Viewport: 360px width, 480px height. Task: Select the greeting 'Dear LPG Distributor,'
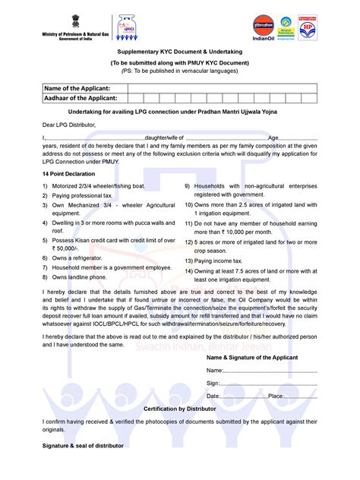[69, 124]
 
